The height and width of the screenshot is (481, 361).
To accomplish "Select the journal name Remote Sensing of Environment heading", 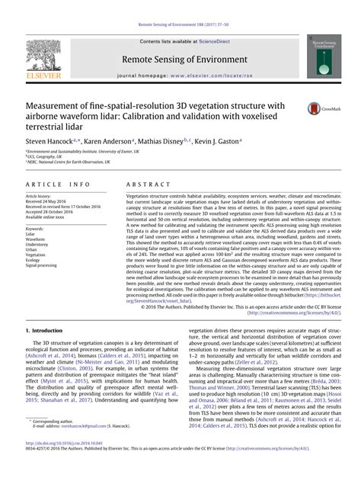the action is tap(180, 59).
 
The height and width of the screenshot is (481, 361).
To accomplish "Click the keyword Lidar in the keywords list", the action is tap(31, 234).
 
